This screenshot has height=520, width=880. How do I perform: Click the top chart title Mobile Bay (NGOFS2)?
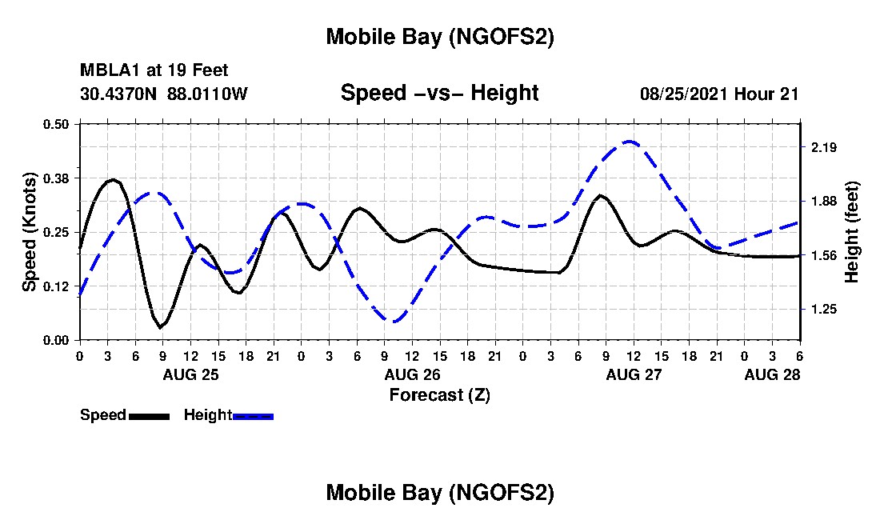(439, 37)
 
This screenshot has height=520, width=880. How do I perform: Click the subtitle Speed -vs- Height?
(439, 93)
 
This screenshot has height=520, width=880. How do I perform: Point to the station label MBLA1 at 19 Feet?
(154, 71)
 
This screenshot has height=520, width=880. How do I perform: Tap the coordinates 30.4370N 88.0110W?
(164, 94)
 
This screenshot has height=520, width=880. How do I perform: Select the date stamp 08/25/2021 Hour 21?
(719, 94)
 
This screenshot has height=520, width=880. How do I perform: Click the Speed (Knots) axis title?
(30, 231)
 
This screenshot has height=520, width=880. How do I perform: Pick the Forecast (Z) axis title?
(439, 394)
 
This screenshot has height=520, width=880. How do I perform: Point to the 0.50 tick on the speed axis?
(57, 124)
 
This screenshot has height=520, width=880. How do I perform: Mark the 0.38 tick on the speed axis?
(57, 178)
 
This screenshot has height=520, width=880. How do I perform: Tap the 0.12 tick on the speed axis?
(57, 286)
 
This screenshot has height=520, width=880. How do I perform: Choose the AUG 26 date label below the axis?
(411, 374)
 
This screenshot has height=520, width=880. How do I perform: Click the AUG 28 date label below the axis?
(771, 374)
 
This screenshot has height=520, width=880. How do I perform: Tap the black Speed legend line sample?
(149, 416)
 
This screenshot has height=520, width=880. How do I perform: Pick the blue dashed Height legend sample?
(253, 416)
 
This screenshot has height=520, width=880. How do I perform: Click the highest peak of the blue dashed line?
(630, 142)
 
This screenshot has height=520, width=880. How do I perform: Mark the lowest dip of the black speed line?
(161, 327)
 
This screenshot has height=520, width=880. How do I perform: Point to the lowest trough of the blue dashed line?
(393, 321)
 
